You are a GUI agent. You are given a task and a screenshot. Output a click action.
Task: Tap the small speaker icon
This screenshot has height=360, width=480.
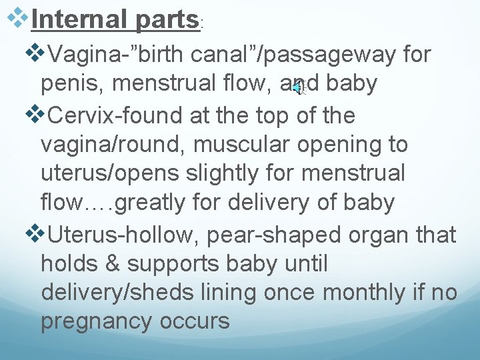click(298, 86)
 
